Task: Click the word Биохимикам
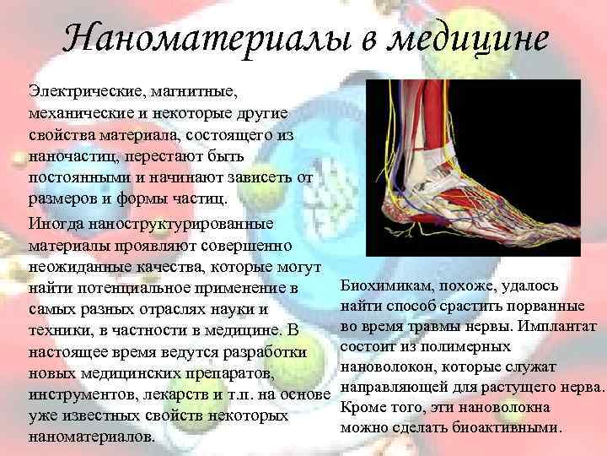point(387,286)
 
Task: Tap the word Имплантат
point(560,326)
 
